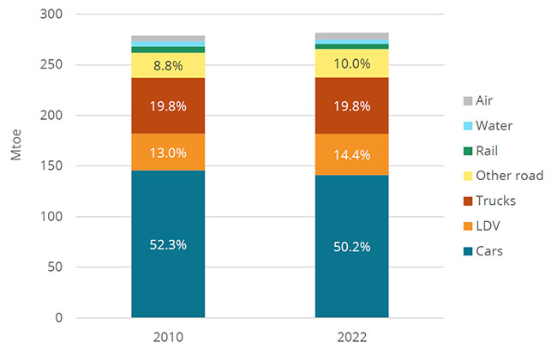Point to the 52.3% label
[168, 244]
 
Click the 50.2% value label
[351, 248]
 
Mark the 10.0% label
[351, 63]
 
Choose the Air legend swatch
[467, 100]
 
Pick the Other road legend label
[510, 176]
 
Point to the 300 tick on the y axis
[51, 15]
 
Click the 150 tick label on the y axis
[51, 166]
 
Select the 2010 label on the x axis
[168, 338]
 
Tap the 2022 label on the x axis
[351, 338]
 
